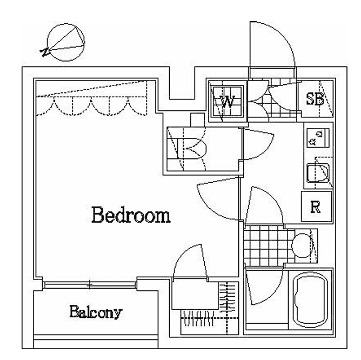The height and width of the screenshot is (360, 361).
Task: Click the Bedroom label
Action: pos(131,215)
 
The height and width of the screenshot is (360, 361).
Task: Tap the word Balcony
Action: pos(96,312)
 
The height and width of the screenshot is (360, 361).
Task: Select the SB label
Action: pos(315,99)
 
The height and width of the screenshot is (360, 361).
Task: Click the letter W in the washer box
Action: pos(228,101)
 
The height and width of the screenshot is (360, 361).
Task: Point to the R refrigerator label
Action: pos(316,207)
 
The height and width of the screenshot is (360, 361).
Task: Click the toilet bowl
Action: pos(302,245)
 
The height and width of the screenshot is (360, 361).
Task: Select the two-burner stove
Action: pos(318,138)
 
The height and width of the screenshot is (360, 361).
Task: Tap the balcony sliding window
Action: pos(90,285)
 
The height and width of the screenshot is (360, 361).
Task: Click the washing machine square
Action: pos(228,101)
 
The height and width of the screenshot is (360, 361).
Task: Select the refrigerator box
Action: pos(317,206)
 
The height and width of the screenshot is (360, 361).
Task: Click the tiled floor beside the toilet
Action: pos(265,245)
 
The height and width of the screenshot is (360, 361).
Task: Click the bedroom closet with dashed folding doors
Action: pos(92,98)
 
